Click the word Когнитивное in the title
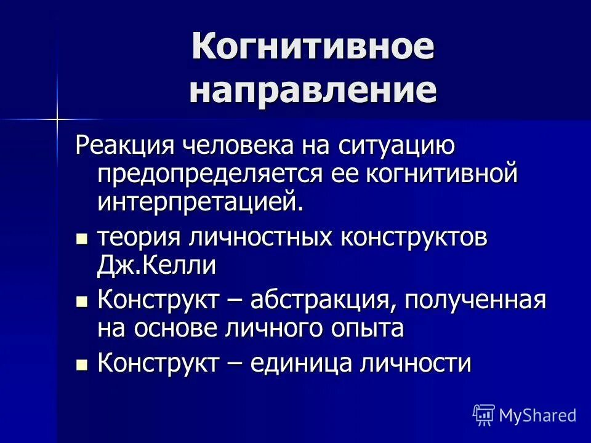click(x=313, y=48)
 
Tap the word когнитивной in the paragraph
click(x=442, y=174)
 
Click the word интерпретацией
click(x=201, y=202)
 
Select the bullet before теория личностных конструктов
click(x=81, y=239)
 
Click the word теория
click(x=138, y=238)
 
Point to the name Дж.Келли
click(x=156, y=266)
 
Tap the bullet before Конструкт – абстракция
click(x=81, y=301)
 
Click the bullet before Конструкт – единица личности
click(x=81, y=364)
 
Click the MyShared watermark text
click(x=537, y=415)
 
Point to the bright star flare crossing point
click(x=56, y=116)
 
